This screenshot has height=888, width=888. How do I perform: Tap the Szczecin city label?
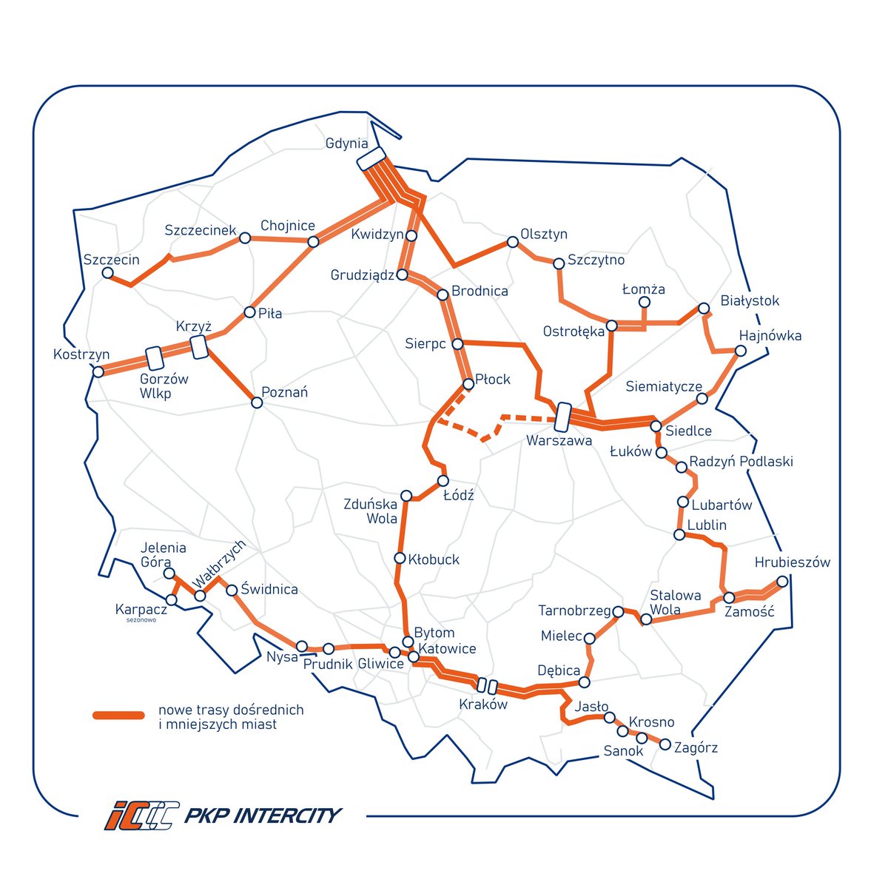point(111,260)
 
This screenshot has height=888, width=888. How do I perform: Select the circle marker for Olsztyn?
point(512,242)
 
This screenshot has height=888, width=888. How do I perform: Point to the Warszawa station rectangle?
point(563,417)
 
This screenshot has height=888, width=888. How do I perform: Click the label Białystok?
point(750,301)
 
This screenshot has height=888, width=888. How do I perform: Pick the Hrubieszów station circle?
point(782,581)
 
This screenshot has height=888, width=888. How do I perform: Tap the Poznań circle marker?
point(257,403)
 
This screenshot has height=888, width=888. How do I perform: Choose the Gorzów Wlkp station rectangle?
point(155,358)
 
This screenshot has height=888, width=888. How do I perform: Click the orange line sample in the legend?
point(118,715)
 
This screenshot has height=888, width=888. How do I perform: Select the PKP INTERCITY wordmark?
point(262,815)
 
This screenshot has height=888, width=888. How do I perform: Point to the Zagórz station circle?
point(665,744)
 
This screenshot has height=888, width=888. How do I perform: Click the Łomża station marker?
point(645,303)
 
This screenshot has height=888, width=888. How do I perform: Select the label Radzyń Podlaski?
point(741,462)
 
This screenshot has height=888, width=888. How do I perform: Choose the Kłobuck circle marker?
point(400,558)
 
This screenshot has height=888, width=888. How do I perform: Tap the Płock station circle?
point(468,384)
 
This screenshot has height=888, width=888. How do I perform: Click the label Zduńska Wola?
point(371,511)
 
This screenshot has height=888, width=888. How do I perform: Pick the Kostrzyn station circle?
point(98,371)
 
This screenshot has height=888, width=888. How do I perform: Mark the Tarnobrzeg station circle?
point(618,611)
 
